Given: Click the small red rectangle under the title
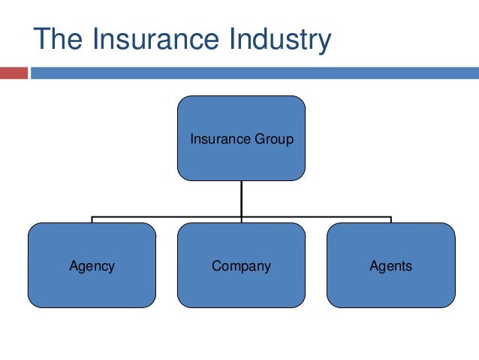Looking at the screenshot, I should click(14, 74).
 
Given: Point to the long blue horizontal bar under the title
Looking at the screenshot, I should click(254, 74).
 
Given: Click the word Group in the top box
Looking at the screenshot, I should click(275, 139).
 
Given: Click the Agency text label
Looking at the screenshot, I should click(92, 266).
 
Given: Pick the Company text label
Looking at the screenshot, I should click(241, 266).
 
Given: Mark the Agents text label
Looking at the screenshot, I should click(390, 266).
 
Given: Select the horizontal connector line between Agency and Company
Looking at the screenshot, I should click(165, 216).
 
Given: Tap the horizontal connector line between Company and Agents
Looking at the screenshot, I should click(315, 216).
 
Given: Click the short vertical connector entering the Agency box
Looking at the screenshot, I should click(92, 219).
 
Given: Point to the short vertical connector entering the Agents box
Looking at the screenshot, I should click(390, 219).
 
